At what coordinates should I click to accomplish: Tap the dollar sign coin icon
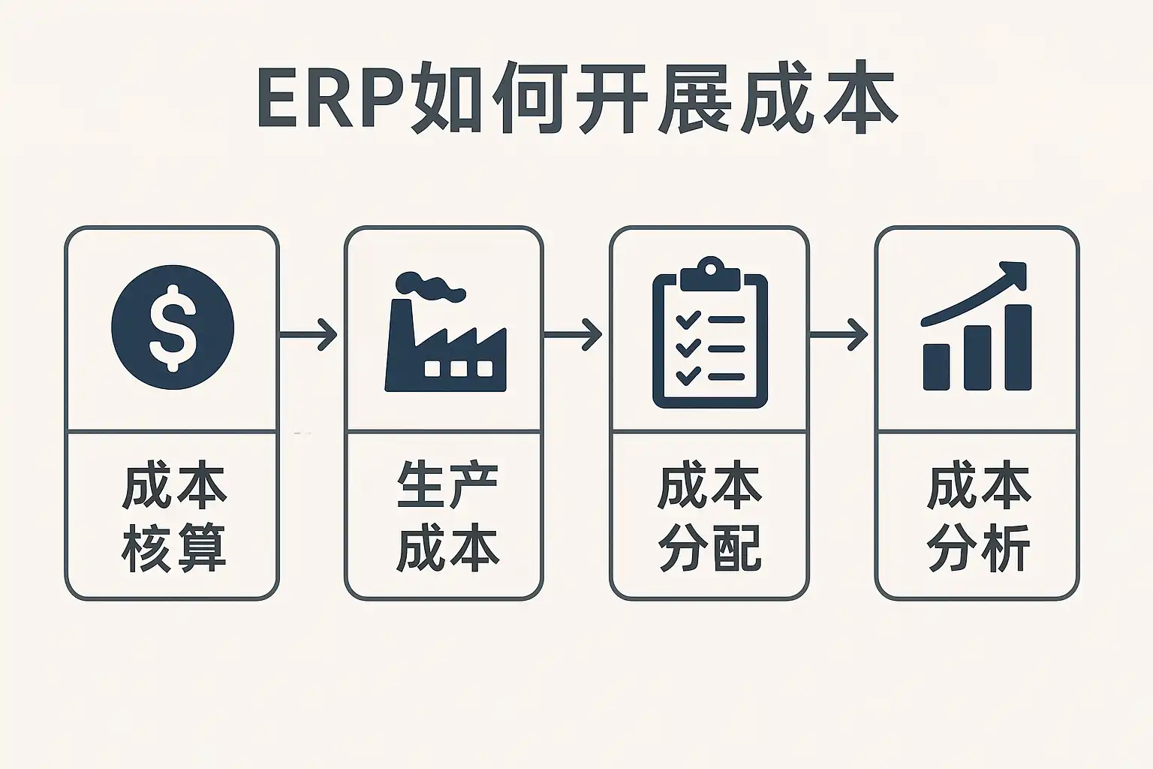pyautogui.click(x=173, y=327)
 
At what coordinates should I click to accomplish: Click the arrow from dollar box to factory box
pyautogui.click(x=309, y=334)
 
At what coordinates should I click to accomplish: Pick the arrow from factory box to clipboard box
pyautogui.click(x=574, y=334)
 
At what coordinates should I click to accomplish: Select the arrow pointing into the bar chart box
pyautogui.click(x=840, y=334)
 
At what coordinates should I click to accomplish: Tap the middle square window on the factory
pyautogui.click(x=457, y=368)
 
